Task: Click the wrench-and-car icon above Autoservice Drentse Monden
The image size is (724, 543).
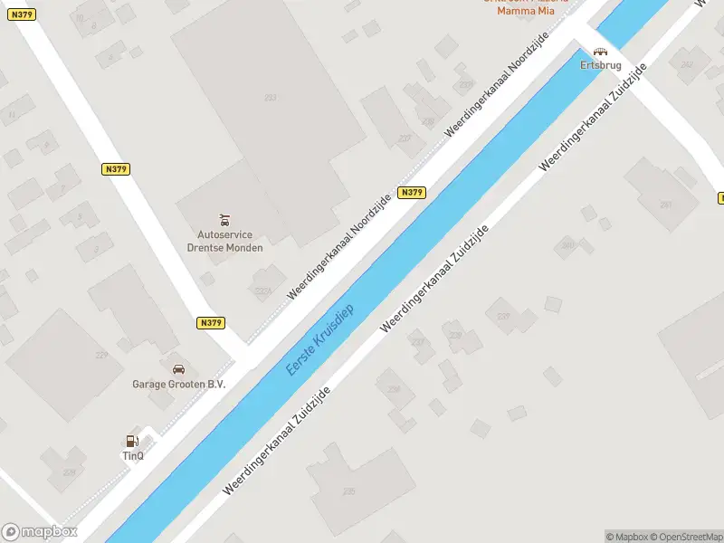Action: tap(224, 219)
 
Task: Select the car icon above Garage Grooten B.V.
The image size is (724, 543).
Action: tap(179, 369)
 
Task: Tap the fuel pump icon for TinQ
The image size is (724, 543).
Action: tap(132, 442)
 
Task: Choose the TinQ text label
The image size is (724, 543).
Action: tap(132, 455)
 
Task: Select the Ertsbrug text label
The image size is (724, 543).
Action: tap(600, 65)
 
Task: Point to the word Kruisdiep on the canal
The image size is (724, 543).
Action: tap(332, 329)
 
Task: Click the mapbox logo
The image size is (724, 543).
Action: tap(39, 532)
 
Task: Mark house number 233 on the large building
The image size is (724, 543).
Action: tap(270, 98)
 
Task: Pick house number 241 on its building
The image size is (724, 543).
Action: tap(666, 205)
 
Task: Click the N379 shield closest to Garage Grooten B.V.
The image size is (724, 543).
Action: tap(210, 323)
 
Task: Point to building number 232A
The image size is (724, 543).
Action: tap(263, 291)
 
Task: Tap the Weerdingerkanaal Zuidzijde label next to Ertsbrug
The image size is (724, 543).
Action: tap(593, 118)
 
